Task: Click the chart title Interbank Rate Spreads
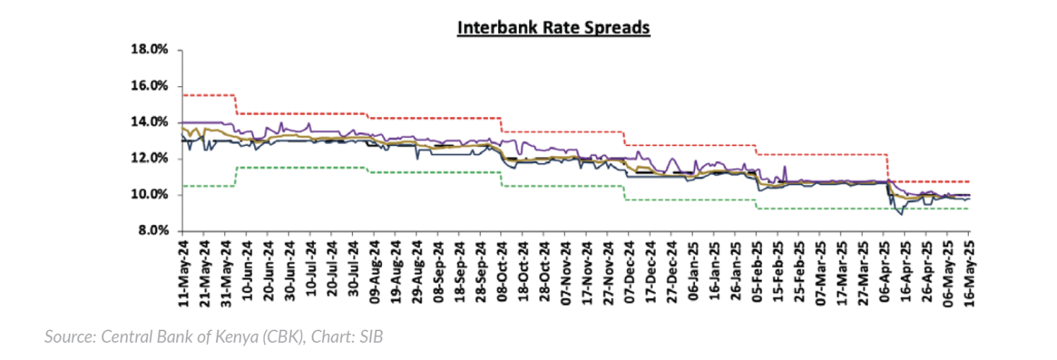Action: pos(554,28)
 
